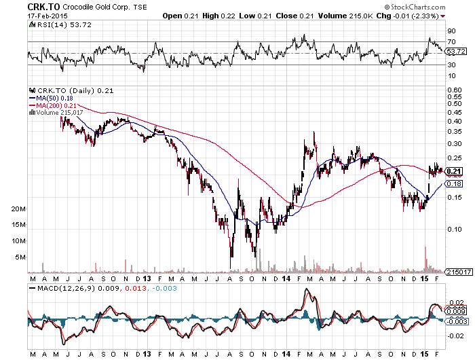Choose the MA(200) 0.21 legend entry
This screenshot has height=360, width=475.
pyautogui.click(x=52, y=105)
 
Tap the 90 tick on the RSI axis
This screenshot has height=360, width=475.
pyautogui.click(x=450, y=31)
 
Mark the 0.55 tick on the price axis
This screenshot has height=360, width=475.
pyautogui.click(x=453, y=96)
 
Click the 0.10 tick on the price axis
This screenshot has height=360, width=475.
pyautogui.click(x=453, y=228)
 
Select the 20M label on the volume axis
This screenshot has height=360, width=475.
pyautogui.click(x=18, y=210)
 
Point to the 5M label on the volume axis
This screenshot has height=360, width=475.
pyautogui.click(x=20, y=257)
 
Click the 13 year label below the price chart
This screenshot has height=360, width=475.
pyautogui.click(x=149, y=278)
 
